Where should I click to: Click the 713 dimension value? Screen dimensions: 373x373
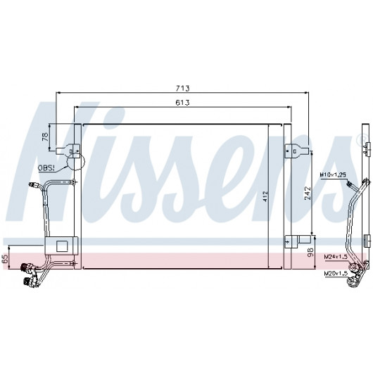pos(183,88)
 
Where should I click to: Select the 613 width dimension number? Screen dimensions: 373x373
pos(182,103)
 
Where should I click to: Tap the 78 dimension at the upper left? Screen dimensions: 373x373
pos(45,137)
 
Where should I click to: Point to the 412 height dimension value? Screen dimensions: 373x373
pos(265,196)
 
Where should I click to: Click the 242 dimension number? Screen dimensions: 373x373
pos(308,193)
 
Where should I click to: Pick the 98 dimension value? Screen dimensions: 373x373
pos(310,253)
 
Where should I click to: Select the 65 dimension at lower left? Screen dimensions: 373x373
pos(5,258)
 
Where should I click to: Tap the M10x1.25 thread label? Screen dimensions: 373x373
pos(333,175)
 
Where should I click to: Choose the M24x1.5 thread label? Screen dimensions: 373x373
pos(336,257)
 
